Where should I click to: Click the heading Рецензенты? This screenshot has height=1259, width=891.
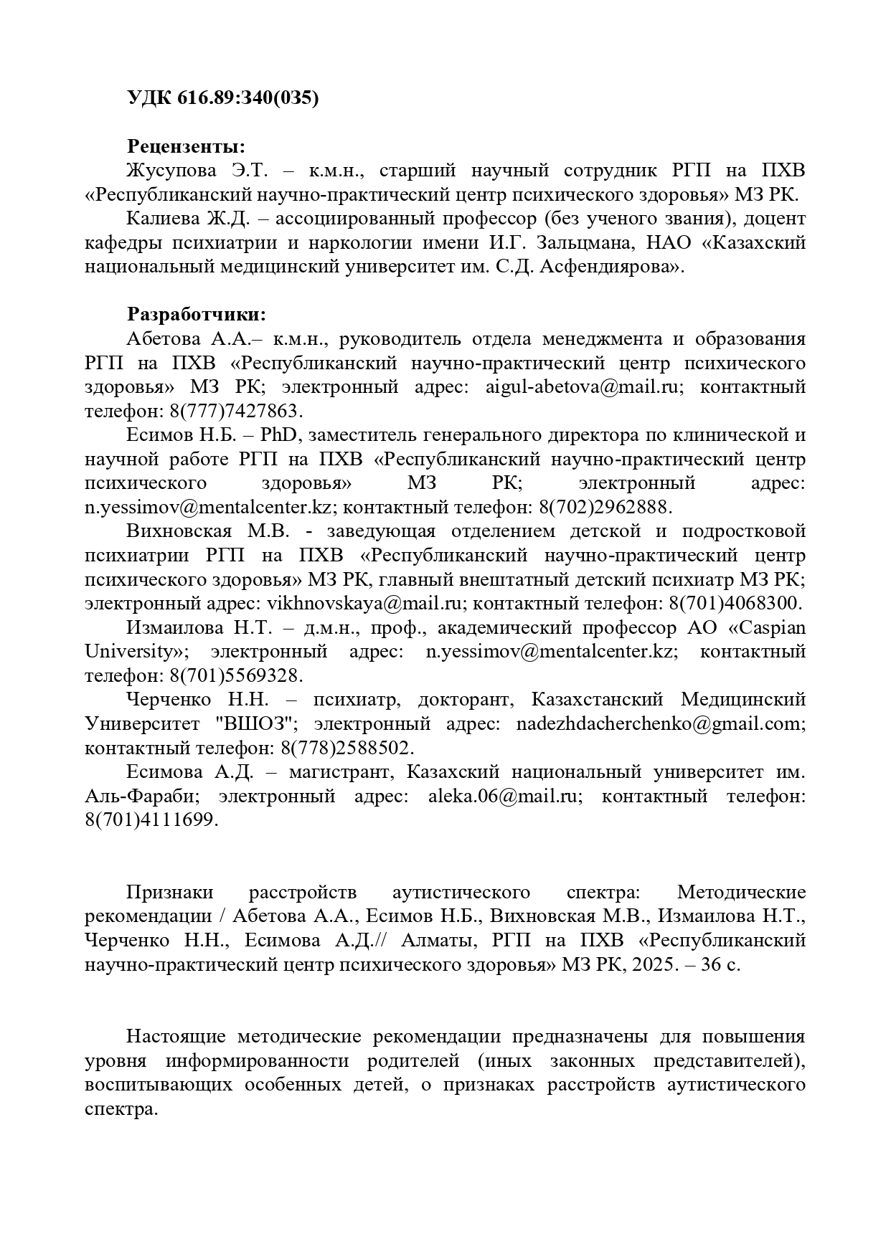[186, 146]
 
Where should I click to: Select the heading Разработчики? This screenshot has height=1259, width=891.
[197, 315]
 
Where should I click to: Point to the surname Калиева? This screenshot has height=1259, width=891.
[161, 219]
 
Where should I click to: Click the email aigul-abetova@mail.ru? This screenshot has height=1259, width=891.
[583, 387]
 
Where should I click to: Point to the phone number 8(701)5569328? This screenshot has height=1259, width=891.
[236, 676]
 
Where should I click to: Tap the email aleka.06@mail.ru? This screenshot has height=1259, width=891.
[503, 797]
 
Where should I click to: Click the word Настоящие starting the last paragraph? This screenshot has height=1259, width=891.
[176, 1037]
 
